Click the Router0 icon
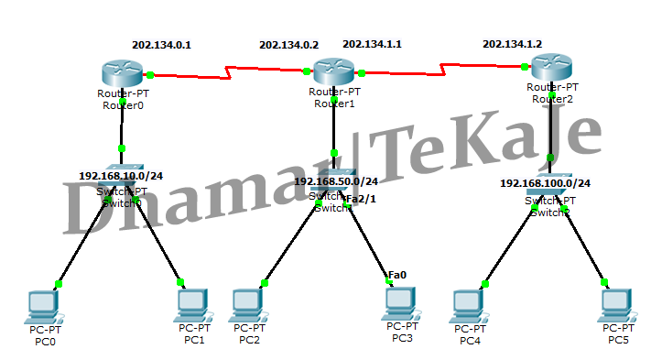[x=122, y=72]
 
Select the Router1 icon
[x=333, y=71]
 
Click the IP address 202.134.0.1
[x=162, y=44]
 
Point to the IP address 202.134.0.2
[x=289, y=44]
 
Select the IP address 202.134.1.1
[x=372, y=44]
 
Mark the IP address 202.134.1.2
[x=512, y=44]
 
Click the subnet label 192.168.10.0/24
[x=120, y=176]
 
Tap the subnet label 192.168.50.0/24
[x=336, y=181]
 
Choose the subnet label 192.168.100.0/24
[x=545, y=183]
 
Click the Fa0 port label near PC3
[x=397, y=275]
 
